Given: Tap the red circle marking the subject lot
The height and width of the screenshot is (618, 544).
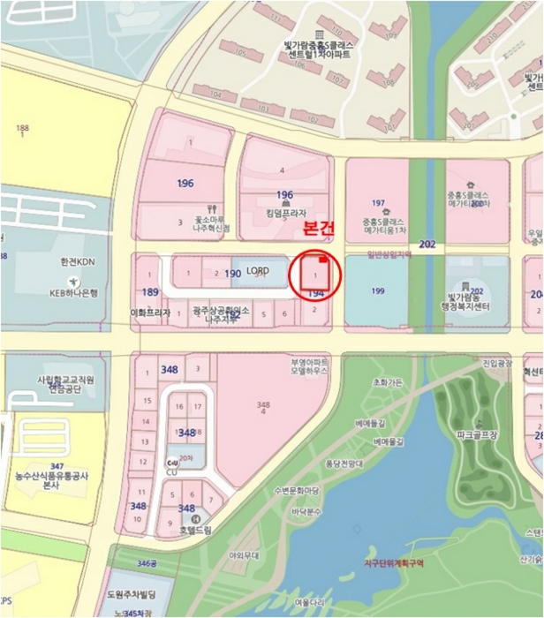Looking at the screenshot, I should point(315,276).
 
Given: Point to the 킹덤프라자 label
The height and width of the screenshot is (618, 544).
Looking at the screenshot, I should point(284,213).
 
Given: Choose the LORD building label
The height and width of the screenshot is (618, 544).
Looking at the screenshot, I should point(257,270).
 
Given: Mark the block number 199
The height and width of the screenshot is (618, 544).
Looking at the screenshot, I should point(378,290).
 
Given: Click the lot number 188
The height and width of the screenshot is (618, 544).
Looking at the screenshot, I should point(22,129).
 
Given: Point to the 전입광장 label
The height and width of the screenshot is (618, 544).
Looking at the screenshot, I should point(496,363).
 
